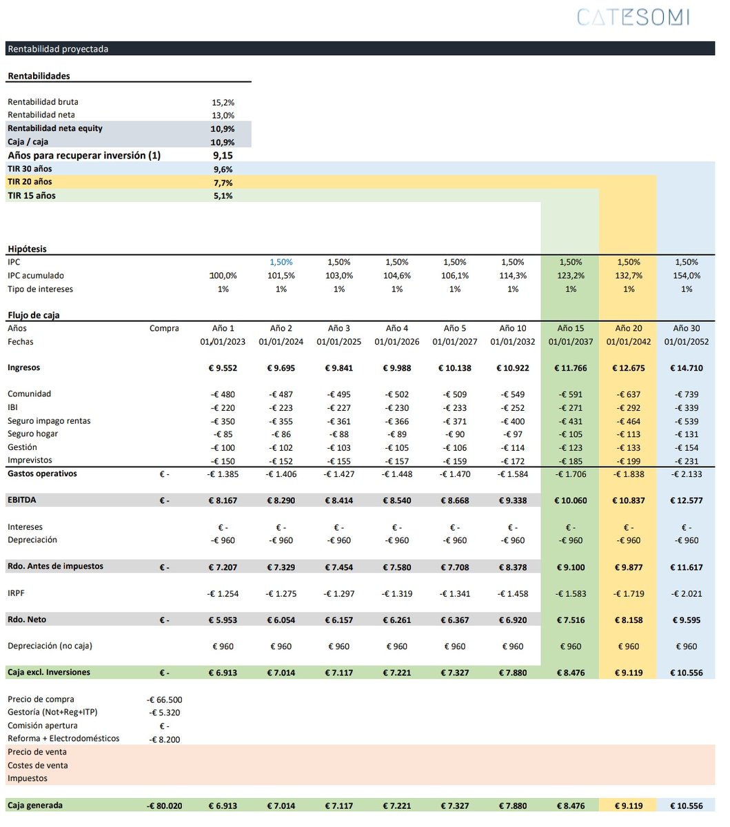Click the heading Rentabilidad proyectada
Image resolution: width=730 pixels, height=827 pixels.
point(58,49)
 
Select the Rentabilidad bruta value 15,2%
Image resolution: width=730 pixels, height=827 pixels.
point(223,102)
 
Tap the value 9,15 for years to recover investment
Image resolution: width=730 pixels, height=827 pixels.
point(223,156)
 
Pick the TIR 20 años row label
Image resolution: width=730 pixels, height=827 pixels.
point(30,182)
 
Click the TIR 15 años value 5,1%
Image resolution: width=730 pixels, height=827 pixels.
point(223,196)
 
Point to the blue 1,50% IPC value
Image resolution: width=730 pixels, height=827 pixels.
point(281,263)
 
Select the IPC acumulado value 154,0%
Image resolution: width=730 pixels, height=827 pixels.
point(686,276)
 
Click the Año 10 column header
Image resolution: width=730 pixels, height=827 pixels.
point(512,329)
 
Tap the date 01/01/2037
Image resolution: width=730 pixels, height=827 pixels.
point(570,342)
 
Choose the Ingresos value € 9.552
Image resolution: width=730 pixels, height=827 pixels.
point(222,368)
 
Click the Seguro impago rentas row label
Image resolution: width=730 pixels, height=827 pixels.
point(49,421)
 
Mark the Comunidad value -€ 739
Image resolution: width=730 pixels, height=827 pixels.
point(686,394)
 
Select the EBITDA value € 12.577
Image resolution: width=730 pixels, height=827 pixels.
point(686,500)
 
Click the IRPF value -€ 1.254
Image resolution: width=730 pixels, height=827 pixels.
point(223,593)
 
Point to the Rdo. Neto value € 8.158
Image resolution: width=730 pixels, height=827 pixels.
point(628,620)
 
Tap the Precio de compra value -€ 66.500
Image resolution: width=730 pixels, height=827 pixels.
point(165,700)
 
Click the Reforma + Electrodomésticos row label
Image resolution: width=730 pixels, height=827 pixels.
point(63,739)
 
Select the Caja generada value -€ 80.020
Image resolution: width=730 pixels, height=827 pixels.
point(165,806)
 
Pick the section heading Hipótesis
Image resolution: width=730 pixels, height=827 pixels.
point(27,249)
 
